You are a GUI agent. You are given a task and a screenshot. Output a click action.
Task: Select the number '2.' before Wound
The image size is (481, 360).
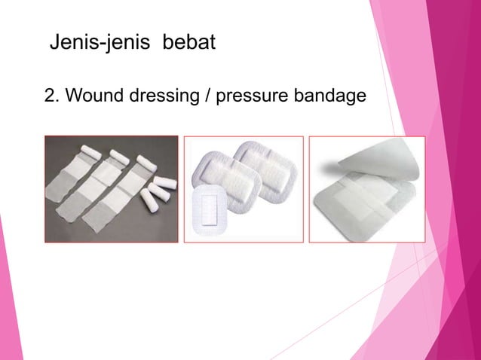tap(54, 97)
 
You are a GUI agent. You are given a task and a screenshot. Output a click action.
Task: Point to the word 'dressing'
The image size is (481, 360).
tap(160, 97)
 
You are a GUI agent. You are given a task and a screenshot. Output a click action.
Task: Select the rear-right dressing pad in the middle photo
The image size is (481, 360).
tap(264, 162)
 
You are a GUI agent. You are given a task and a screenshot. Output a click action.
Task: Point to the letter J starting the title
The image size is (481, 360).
tap(54, 43)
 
